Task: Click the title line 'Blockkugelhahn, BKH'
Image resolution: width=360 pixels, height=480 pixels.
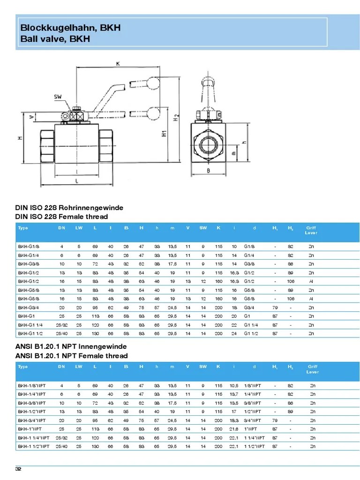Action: click(x=70, y=28)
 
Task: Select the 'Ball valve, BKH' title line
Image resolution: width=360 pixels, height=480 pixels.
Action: click(x=55, y=39)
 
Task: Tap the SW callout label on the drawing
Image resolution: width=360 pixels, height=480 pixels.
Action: click(x=58, y=97)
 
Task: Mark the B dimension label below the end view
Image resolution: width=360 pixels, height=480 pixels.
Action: click(x=208, y=171)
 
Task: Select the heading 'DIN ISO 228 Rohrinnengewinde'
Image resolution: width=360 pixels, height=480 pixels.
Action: click(x=69, y=208)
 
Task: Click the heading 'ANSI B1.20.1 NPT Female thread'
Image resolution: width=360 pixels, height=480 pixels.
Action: click(x=71, y=356)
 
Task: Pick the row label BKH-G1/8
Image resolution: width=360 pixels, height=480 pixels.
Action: click(x=26, y=246)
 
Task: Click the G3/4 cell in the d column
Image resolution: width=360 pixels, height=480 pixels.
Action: click(x=249, y=307)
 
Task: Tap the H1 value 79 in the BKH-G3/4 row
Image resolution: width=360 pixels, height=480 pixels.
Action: click(x=275, y=307)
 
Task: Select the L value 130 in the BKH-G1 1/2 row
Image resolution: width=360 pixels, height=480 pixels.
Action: click(x=95, y=333)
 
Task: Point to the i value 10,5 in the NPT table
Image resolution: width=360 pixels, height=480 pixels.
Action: click(x=234, y=385)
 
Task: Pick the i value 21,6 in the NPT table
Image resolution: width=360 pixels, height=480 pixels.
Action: click(x=234, y=429)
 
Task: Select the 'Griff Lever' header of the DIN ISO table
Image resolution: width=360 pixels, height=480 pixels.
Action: click(x=311, y=230)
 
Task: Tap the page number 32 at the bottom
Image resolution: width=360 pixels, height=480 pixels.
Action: click(x=19, y=469)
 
